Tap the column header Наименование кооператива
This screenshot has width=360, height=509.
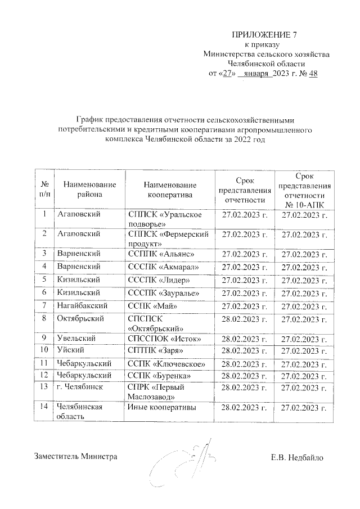tap(170, 190)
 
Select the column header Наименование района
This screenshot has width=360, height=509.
tap(90, 190)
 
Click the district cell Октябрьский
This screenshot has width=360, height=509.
tap(80, 319)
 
